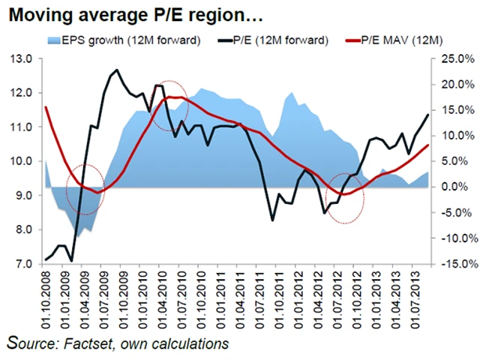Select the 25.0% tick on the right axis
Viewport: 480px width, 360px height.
(454, 58)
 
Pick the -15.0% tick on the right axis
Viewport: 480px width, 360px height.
(454, 264)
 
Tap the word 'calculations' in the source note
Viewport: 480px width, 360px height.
(191, 344)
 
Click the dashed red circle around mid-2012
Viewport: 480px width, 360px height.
(346, 197)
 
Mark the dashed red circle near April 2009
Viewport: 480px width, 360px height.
(84, 189)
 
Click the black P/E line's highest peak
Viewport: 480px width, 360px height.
(116, 70)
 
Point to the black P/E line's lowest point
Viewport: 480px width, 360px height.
(71, 260)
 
